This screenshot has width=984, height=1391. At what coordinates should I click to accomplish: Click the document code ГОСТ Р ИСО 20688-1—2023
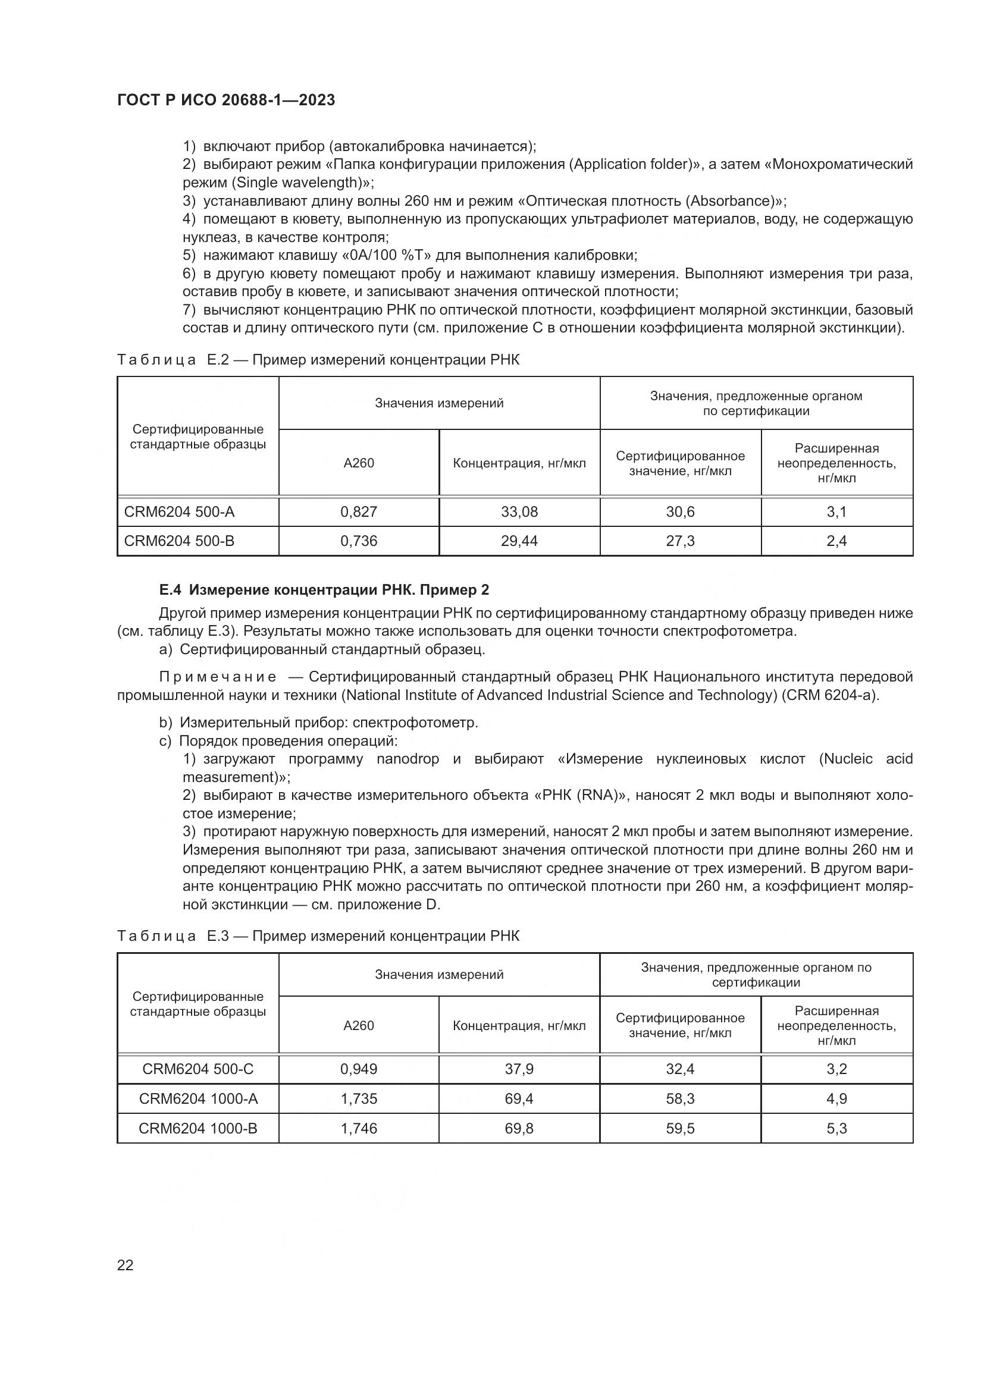point(226,101)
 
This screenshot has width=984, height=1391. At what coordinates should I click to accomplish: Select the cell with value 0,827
point(359,512)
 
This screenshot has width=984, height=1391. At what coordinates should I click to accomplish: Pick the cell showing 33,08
point(519,512)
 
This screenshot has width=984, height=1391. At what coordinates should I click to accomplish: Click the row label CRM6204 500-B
point(179,541)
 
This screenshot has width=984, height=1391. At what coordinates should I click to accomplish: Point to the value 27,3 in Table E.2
point(680,541)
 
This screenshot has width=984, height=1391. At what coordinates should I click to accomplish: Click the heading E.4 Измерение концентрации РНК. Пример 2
point(324,589)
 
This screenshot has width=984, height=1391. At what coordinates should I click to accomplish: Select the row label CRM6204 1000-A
point(198,1098)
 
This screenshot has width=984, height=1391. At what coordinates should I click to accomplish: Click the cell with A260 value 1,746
point(359,1128)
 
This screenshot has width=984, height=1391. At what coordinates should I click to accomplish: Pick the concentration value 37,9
point(519,1069)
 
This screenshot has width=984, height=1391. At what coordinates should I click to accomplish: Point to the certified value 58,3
point(680,1098)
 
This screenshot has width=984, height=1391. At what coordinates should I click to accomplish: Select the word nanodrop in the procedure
point(408,759)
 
